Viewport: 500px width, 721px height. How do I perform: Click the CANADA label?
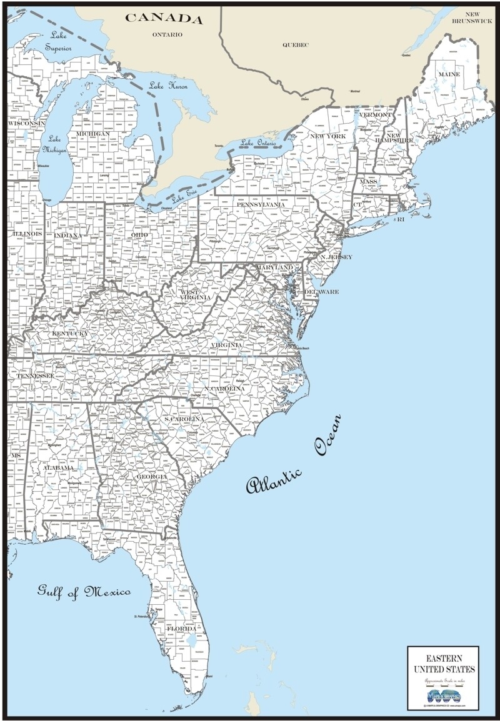(x=164, y=18)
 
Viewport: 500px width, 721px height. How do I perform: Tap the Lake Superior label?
(x=58, y=42)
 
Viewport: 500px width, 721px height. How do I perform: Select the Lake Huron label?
(x=169, y=88)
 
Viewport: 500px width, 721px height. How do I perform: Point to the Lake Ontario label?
(x=258, y=142)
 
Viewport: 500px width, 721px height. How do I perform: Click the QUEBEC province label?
(x=296, y=45)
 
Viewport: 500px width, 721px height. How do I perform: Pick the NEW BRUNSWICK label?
(x=475, y=17)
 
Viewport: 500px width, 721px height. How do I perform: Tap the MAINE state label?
(x=449, y=74)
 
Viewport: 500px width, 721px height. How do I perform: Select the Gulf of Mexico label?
(x=84, y=591)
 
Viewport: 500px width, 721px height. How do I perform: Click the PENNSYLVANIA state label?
(x=261, y=204)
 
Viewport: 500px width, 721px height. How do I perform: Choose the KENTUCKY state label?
(x=69, y=334)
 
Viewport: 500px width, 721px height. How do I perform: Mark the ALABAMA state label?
(x=57, y=467)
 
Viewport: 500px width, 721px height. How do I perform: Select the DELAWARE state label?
(x=321, y=292)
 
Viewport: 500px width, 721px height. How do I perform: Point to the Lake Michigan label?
(x=54, y=145)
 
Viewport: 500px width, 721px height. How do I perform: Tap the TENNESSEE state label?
(x=35, y=376)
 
